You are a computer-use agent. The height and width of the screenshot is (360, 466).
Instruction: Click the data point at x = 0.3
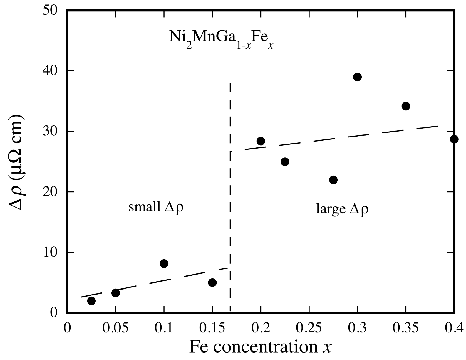(x=357, y=77)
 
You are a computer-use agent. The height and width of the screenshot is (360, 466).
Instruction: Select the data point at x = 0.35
(x=406, y=106)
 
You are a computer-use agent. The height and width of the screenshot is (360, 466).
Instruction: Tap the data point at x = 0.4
(x=454, y=139)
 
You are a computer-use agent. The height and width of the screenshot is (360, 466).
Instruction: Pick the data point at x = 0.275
(x=333, y=180)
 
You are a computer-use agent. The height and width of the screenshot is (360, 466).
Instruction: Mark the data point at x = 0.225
(x=285, y=162)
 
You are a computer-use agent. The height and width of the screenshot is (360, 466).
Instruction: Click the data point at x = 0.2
(x=261, y=141)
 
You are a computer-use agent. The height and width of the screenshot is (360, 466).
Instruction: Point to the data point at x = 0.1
(x=164, y=263)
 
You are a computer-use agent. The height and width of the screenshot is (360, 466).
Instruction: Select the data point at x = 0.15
(x=212, y=282)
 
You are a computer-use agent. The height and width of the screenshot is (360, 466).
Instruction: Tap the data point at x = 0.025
(x=91, y=301)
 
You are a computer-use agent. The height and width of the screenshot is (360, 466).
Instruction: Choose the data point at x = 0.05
(x=116, y=293)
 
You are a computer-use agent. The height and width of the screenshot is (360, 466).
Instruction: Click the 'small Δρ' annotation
(x=156, y=208)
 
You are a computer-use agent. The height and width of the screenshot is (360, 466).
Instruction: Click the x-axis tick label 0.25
(x=309, y=328)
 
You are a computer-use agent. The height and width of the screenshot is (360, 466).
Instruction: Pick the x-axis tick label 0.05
(x=116, y=328)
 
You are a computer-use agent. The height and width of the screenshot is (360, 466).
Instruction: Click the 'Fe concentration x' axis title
(x=260, y=347)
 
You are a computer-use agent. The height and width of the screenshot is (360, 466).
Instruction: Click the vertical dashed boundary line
(x=230, y=191)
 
